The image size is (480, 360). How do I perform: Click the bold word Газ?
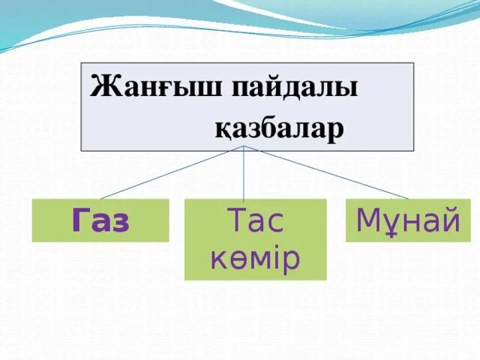pos(100,220)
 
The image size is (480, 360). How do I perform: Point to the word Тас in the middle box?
pos(255,222)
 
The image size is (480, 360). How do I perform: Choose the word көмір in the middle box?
pos(255,258)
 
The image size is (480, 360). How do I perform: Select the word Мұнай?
pos(408,220)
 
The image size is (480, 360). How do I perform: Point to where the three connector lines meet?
pos(244,146)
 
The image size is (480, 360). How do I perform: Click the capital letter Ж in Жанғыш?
pos(100,87)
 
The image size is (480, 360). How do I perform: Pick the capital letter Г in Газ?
pos(79,220)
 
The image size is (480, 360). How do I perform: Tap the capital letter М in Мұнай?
pos(368,220)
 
